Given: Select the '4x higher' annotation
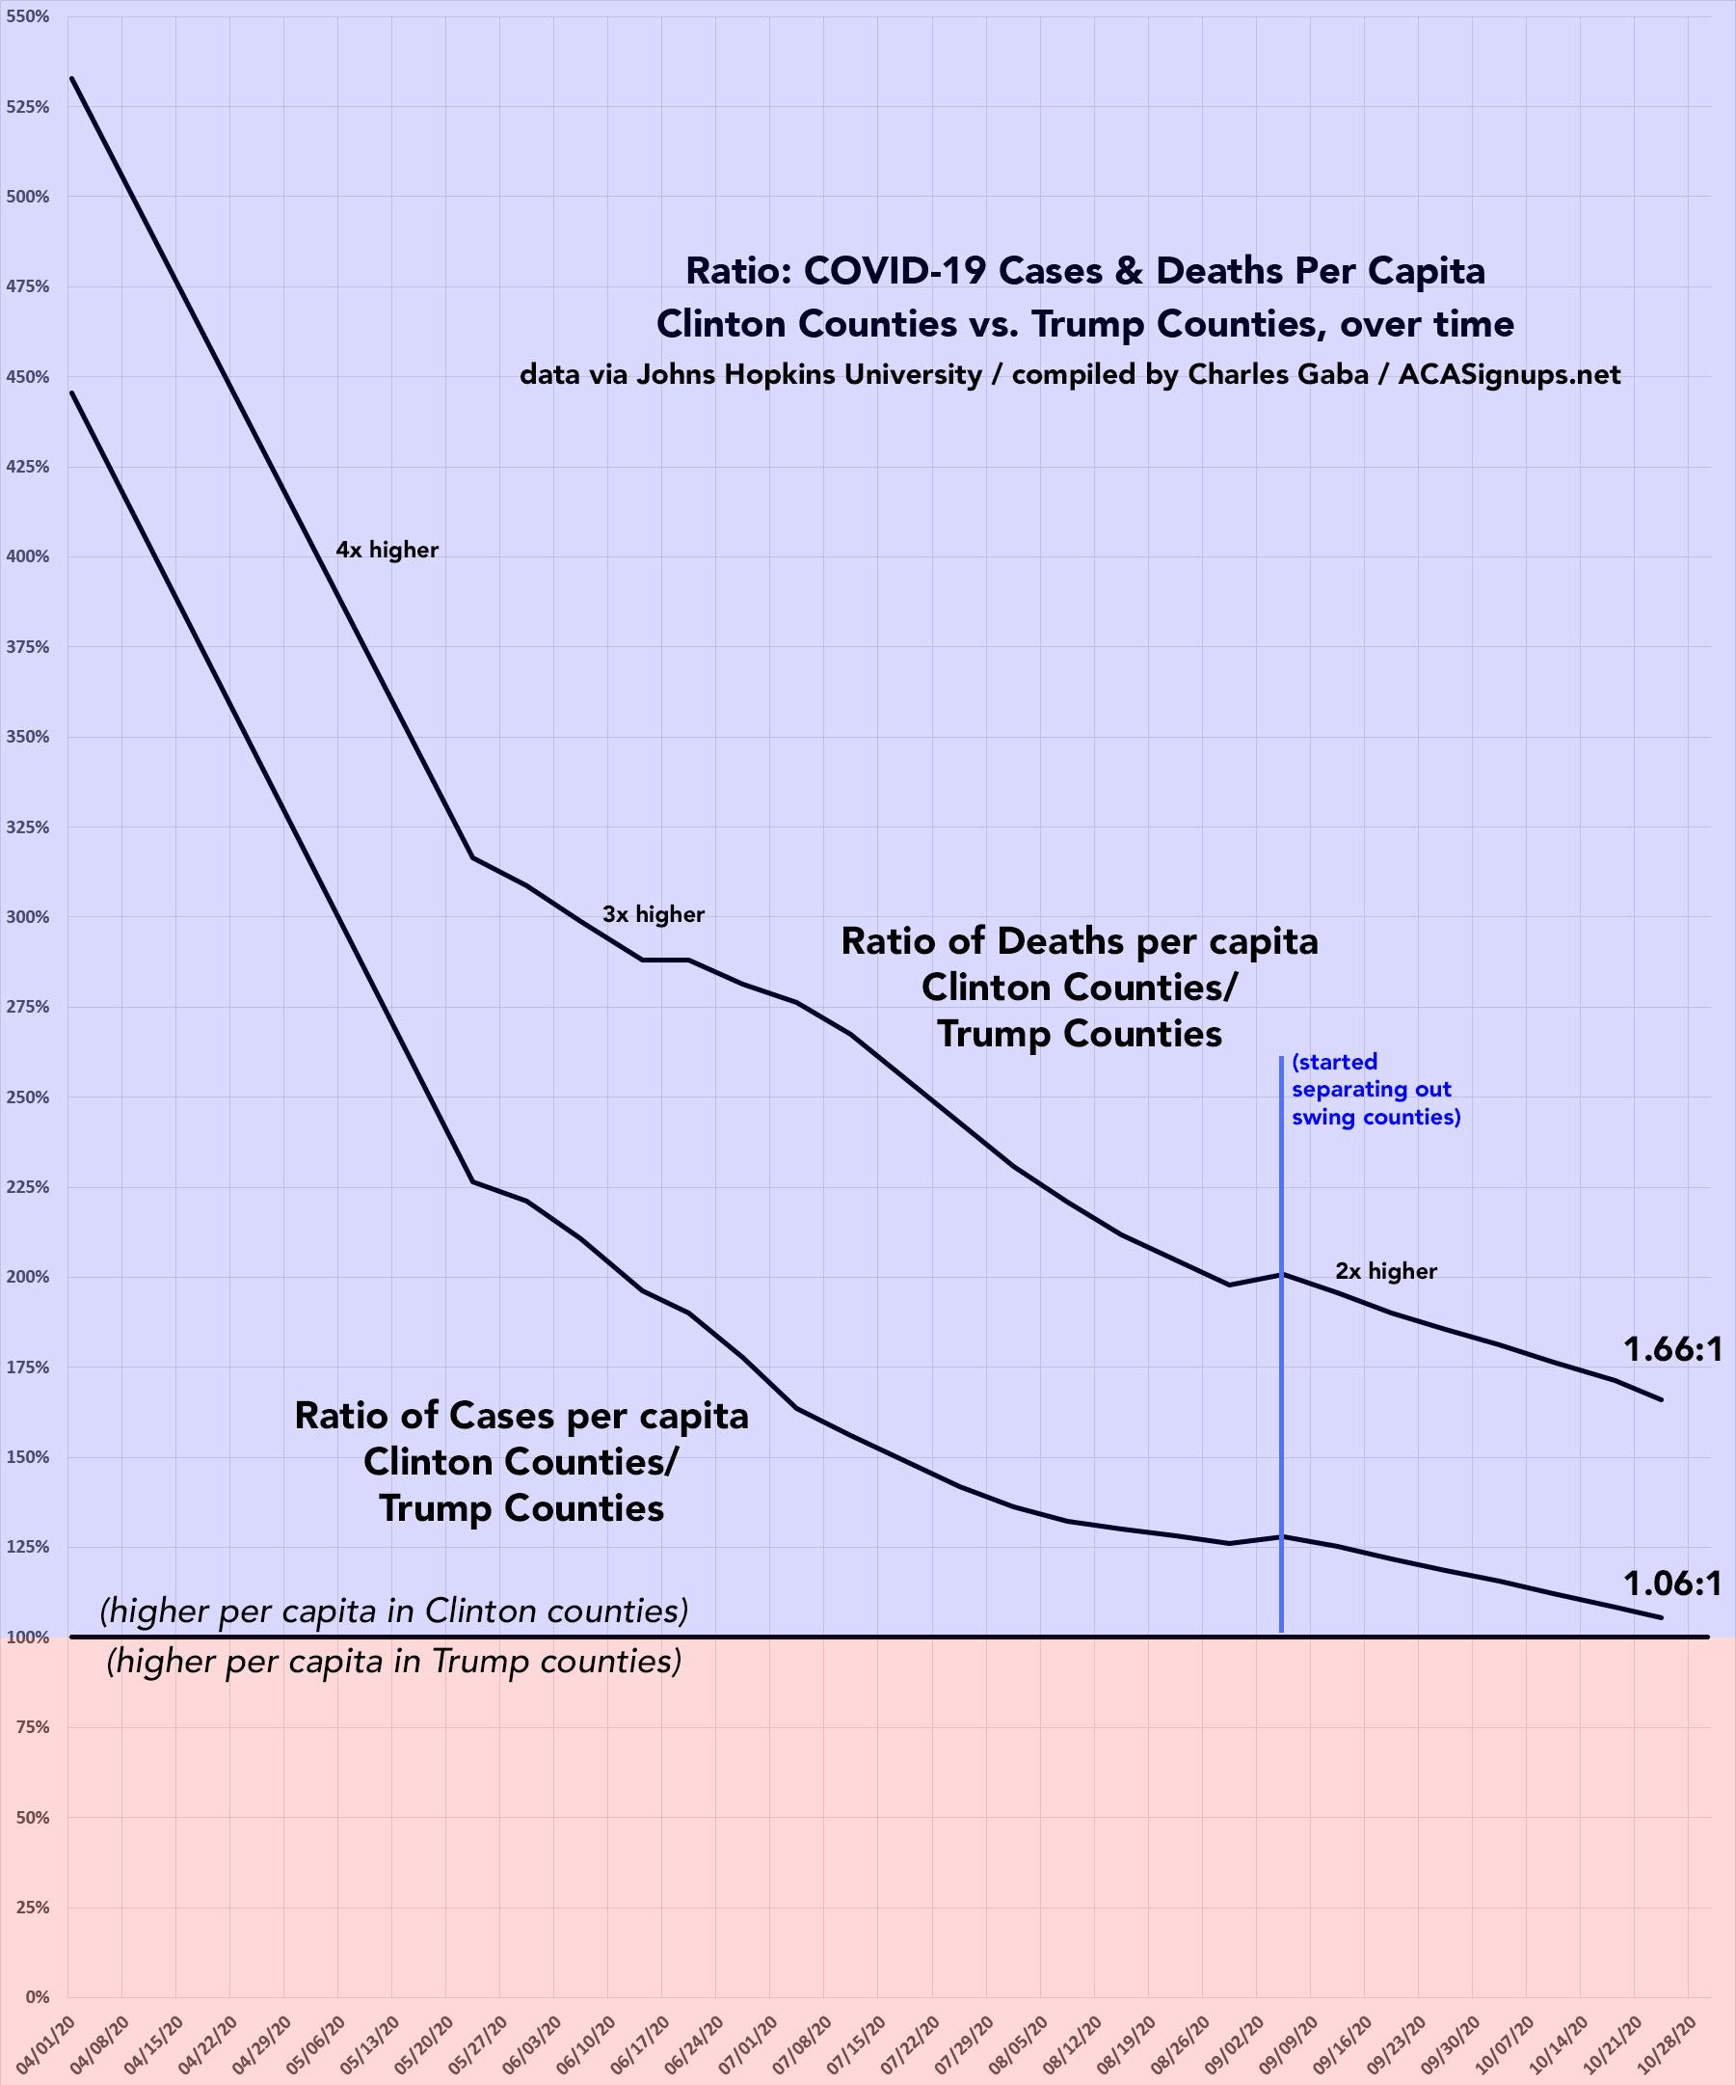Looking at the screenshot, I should pos(387,550).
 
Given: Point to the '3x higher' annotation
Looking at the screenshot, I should pos(654,914).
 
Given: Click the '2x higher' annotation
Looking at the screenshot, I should pos(1386,1271).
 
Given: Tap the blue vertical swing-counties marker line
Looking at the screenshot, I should pos(1281,1390).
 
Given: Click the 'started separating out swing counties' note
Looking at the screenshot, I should pos(1375,1089).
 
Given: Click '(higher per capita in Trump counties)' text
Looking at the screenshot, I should pos(394,1661).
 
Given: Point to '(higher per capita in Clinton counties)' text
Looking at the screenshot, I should pos(394,1611).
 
